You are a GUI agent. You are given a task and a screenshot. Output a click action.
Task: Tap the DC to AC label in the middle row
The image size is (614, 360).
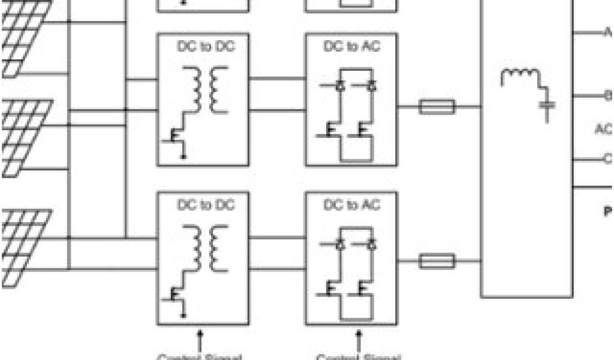[x=351, y=46]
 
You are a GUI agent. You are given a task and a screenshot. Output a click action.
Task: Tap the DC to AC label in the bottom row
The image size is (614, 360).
[x=351, y=205]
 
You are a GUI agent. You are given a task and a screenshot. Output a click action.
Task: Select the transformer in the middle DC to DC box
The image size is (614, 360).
[x=205, y=90]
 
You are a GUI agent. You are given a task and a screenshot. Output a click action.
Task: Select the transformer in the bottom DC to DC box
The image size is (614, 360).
[x=205, y=248]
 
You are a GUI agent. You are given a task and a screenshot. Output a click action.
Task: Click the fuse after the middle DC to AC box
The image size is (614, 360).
[x=437, y=107]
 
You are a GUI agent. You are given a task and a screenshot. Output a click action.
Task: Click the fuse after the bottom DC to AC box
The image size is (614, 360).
[x=437, y=261]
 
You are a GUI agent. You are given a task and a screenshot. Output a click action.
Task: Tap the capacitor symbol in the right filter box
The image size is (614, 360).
[x=547, y=107]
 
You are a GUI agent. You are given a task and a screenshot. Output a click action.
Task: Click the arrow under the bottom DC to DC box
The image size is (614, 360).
[x=201, y=339]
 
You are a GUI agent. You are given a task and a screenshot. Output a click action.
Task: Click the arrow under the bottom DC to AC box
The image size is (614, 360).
[x=359, y=339]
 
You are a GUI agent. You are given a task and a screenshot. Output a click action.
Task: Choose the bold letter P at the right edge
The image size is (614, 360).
[x=607, y=211]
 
